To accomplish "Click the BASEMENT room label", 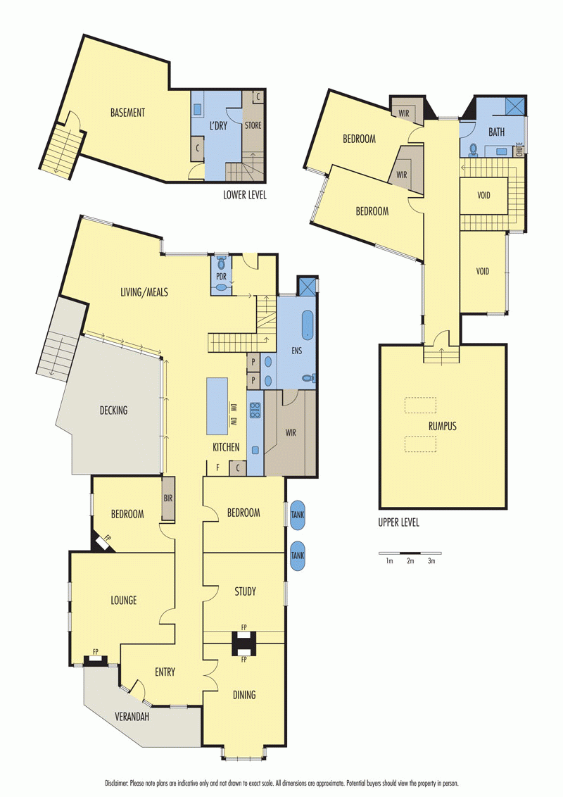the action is [127, 113].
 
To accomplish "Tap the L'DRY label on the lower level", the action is [218, 125].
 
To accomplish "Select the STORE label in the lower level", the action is [253, 125].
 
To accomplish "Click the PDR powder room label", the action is [221, 277].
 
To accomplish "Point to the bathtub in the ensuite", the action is [307, 325].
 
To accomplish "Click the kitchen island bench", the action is [217, 406].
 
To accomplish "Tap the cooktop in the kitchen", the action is [255, 410].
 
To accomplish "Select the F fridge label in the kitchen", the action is [217, 467].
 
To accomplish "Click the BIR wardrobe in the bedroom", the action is [168, 498].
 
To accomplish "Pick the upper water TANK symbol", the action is [297, 515].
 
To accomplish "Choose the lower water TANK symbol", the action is [297, 556].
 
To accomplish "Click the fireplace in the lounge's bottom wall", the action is [95, 660].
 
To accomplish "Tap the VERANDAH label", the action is [132, 717].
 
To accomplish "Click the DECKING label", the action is [113, 410].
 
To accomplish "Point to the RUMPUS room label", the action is [443, 426].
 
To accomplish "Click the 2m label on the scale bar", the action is [410, 561].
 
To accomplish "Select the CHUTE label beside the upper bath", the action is [519, 149].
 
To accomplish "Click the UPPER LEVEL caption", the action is [398, 522].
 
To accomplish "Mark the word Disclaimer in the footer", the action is [116, 784].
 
